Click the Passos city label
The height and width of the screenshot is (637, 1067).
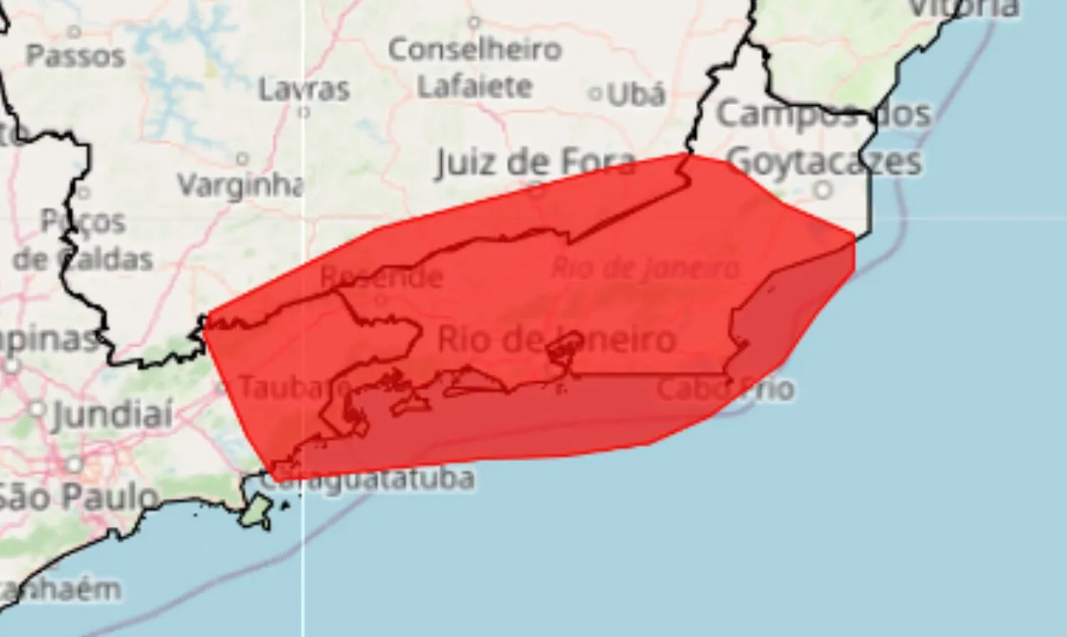point(75,56)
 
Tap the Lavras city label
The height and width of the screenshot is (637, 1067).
point(303,88)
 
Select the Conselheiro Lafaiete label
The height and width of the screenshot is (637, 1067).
point(475,68)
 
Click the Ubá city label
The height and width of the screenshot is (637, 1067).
point(636,94)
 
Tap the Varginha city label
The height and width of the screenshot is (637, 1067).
point(240,185)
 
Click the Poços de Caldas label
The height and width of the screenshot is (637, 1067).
point(83,240)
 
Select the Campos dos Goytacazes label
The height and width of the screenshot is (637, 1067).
point(824,138)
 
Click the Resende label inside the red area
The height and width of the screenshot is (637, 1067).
point(381,277)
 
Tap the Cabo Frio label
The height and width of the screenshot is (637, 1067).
point(725,389)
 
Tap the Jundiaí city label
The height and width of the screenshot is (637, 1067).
point(113,414)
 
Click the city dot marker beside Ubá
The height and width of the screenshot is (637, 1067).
point(595,94)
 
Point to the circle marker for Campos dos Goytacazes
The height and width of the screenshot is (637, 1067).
point(823,190)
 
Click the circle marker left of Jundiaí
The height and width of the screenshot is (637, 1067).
point(37,409)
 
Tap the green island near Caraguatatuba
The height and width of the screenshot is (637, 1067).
point(257,509)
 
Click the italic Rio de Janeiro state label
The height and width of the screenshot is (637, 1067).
point(645,268)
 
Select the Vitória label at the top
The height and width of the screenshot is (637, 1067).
point(963,8)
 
